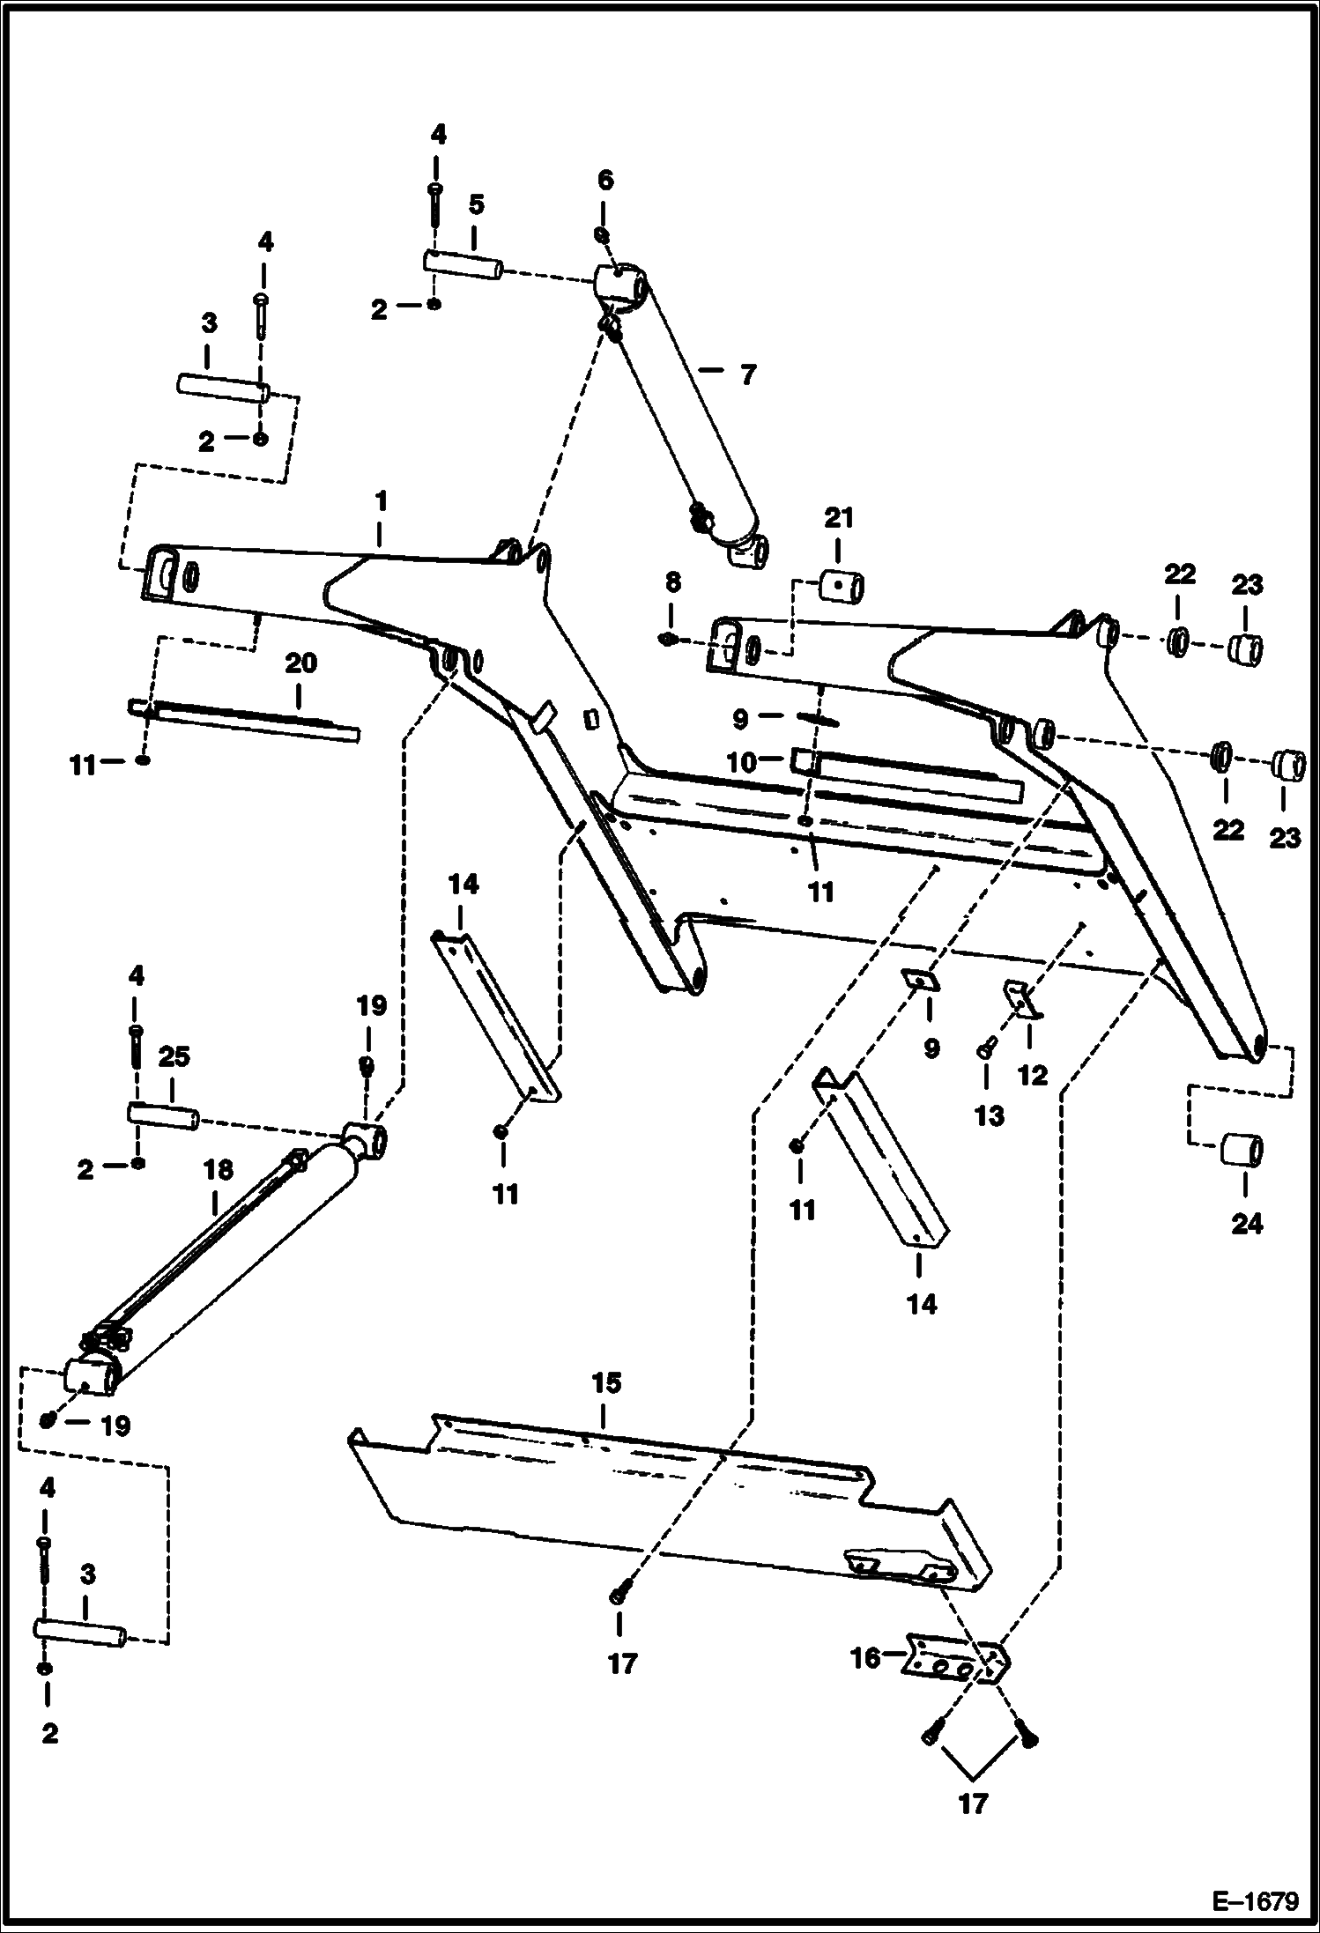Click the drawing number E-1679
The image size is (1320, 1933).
click(x=1255, y=1901)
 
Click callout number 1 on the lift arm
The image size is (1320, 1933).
click(x=380, y=502)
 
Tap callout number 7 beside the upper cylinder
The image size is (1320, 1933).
click(x=747, y=376)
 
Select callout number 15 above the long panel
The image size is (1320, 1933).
click(x=605, y=1383)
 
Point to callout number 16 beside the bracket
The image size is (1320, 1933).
click(x=866, y=1659)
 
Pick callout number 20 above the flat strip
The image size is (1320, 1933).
click(x=300, y=663)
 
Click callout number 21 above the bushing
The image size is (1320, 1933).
click(x=838, y=518)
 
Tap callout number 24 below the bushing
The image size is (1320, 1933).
click(x=1246, y=1224)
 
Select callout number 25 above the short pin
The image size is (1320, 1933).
click(x=174, y=1056)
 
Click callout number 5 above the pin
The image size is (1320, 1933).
click(x=476, y=205)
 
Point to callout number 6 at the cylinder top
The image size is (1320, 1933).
click(x=604, y=181)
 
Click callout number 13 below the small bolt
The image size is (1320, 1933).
click(x=989, y=1116)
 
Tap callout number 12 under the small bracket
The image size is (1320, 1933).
click(x=1032, y=1075)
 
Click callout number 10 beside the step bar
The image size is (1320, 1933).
click(x=742, y=762)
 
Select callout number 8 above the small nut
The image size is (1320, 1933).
click(x=672, y=582)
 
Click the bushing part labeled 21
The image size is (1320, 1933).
click(x=842, y=585)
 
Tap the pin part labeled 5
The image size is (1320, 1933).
click(x=463, y=265)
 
